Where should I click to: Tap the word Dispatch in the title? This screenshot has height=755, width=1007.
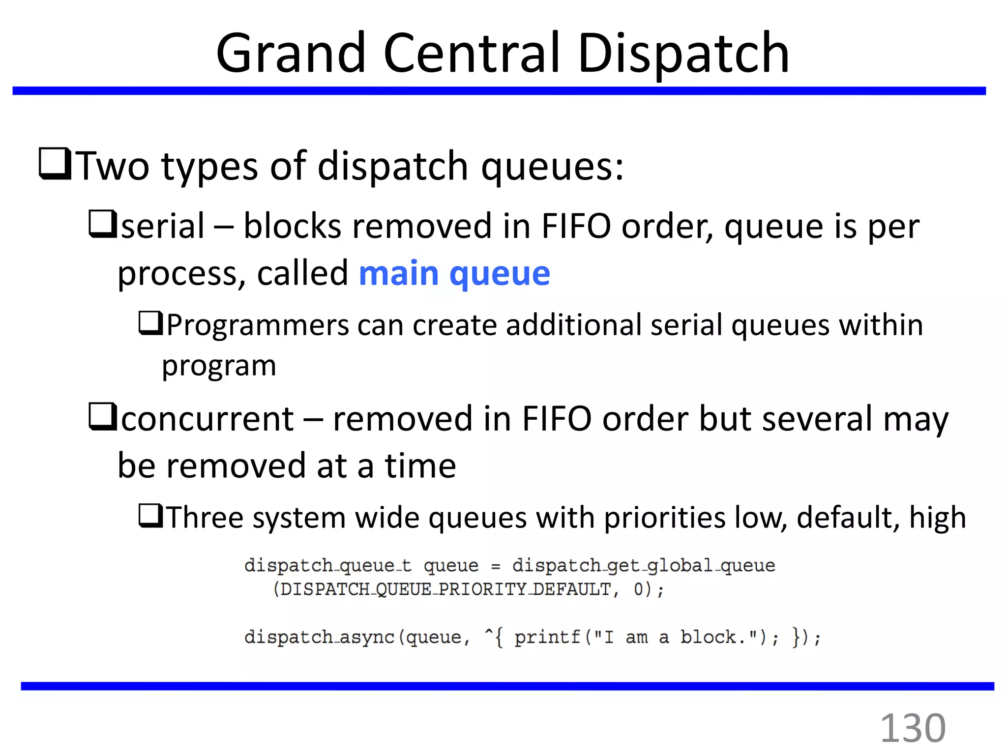683,53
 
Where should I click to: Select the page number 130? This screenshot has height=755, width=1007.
913,728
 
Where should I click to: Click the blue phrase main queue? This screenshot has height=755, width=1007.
454,273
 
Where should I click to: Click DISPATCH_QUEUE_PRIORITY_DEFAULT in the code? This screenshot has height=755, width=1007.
445,589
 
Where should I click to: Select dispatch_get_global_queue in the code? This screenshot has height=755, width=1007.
643,565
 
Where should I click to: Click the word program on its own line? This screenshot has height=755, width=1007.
219,366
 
